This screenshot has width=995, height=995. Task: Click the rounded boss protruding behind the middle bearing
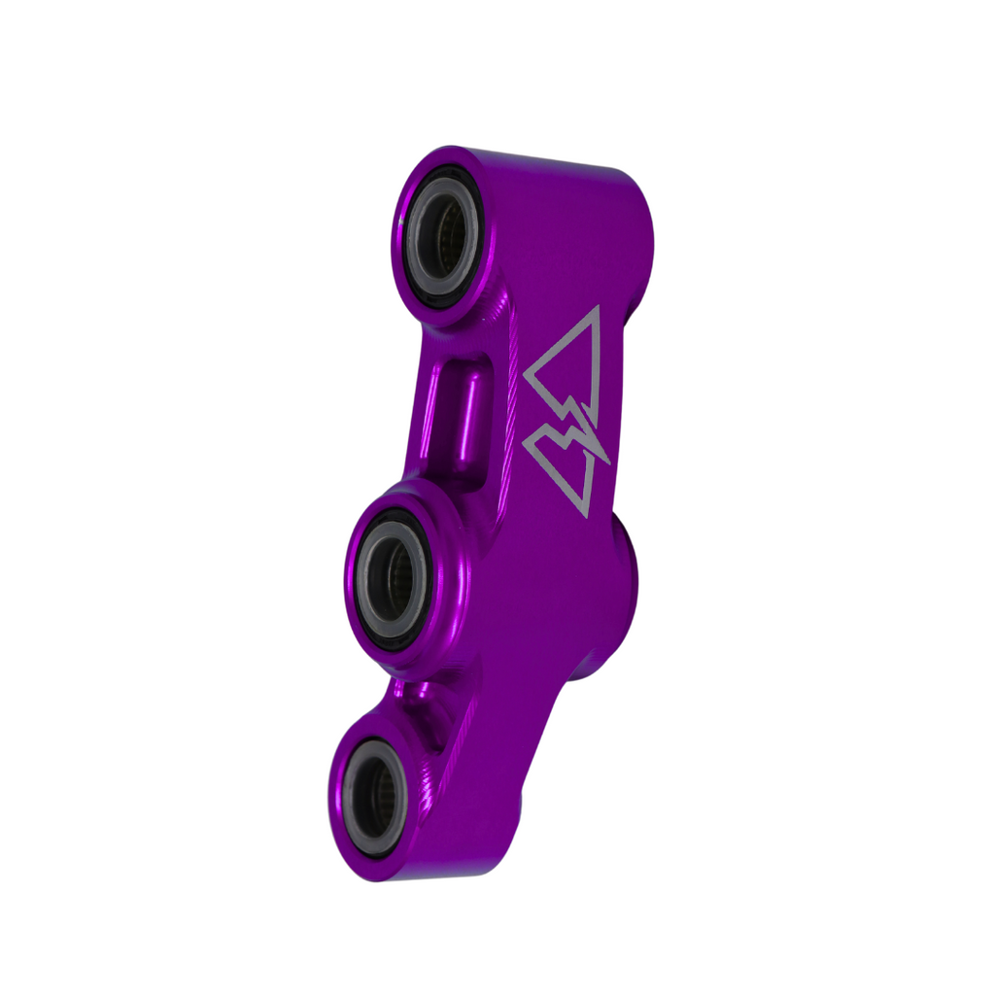pos(622,573)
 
